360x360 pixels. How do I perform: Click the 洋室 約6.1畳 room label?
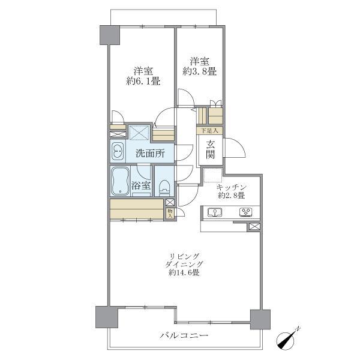(x=143, y=75)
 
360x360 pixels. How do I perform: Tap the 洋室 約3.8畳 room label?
(x=199, y=66)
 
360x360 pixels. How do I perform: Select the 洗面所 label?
(x=149, y=153)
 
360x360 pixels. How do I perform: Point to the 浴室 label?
(x=142, y=185)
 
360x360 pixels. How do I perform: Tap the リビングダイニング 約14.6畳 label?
(x=184, y=265)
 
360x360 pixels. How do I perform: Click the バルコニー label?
(x=184, y=335)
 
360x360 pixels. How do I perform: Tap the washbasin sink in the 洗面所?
(x=117, y=151)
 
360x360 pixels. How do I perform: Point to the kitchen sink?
(x=215, y=212)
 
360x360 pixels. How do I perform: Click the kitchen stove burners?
(x=246, y=212)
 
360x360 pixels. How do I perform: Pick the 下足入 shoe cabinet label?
(x=209, y=130)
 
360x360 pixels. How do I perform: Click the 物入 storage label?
(x=170, y=213)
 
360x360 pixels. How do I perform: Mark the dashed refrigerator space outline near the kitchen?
(x=212, y=176)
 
